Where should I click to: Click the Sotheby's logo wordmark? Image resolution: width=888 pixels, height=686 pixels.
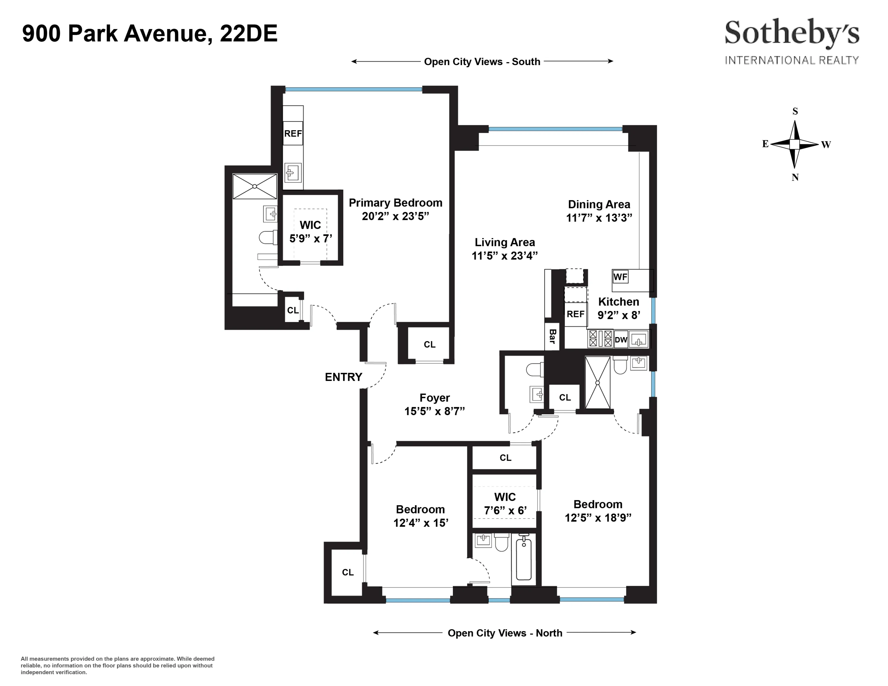point(792,33)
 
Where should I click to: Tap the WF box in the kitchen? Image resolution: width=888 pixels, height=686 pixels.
point(620,277)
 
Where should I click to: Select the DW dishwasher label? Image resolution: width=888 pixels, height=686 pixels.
point(621,340)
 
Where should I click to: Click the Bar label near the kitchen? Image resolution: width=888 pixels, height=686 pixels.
point(552,336)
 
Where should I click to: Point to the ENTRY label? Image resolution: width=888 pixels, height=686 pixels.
point(343,377)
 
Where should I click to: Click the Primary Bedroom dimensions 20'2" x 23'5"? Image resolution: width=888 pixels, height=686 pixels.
point(395,216)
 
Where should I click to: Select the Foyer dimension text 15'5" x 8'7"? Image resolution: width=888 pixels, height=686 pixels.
point(434,411)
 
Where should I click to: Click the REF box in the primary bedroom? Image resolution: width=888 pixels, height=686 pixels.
point(293,133)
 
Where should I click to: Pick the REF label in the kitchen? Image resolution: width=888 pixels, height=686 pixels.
point(575,314)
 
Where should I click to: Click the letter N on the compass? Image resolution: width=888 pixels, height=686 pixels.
point(795,177)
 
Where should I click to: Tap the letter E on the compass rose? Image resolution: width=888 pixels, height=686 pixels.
point(765,144)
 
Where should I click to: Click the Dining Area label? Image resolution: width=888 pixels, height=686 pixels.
point(599,204)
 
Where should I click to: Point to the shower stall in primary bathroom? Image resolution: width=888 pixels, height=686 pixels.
point(255,186)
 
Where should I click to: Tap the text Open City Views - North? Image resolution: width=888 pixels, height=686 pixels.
point(505,633)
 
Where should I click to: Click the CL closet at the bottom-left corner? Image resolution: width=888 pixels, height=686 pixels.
point(348,572)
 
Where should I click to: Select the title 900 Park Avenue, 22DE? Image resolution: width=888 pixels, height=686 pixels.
point(149,33)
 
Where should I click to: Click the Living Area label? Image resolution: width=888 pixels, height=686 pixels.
point(505,242)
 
